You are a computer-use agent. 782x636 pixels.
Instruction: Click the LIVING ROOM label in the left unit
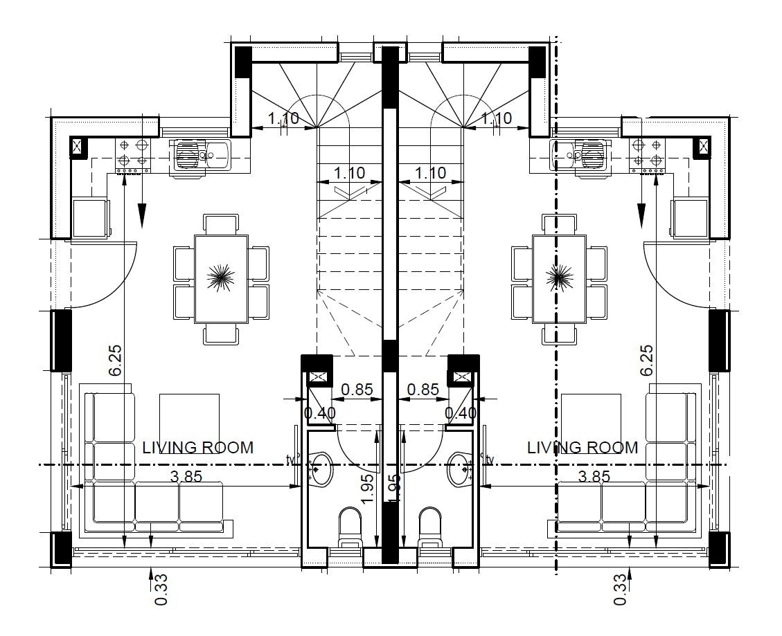tap(198, 447)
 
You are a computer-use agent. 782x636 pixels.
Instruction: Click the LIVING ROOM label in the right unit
tap(583, 447)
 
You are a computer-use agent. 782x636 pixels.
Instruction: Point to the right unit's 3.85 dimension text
tap(594, 477)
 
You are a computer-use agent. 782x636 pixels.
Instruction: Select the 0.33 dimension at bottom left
tap(161, 590)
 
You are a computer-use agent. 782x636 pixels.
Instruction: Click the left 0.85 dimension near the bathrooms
tap(357, 389)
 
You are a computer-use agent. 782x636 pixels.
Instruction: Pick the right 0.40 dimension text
tap(461, 412)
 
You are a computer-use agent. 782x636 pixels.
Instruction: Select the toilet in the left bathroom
tap(350, 527)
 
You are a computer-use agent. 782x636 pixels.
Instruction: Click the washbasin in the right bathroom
tap(459, 469)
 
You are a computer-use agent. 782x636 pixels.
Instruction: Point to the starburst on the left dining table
tap(221, 276)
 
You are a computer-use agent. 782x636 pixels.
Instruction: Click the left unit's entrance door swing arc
tap(104, 273)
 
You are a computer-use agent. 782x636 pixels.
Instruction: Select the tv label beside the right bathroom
tap(490, 460)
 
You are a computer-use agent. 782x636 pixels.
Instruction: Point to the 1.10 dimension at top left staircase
tap(283, 118)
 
